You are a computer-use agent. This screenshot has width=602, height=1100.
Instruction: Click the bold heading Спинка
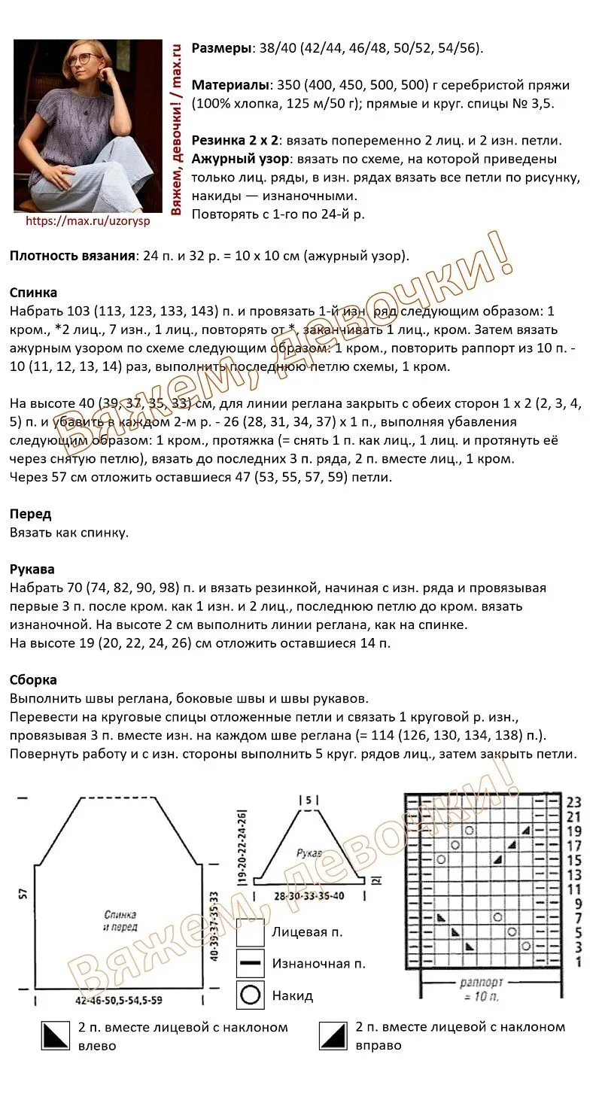click(x=33, y=293)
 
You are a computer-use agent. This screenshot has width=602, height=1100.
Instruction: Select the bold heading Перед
click(x=30, y=515)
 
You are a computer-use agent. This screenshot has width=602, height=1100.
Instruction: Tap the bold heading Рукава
click(x=32, y=570)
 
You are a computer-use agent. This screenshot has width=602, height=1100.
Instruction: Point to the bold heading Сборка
click(x=33, y=679)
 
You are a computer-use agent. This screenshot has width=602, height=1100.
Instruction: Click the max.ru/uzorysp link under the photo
click(x=88, y=221)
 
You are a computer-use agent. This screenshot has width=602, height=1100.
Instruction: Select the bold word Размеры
click(x=221, y=49)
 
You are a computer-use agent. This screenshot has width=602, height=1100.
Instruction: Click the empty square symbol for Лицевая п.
click(x=250, y=932)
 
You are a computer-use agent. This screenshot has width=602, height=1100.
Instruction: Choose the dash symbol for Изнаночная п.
click(x=250, y=964)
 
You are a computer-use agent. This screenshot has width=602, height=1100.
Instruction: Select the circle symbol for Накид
click(x=250, y=995)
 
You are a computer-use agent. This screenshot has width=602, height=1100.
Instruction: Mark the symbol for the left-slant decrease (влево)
click(x=54, y=1036)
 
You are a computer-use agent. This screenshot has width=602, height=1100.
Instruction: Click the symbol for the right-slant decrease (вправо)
click(x=332, y=1036)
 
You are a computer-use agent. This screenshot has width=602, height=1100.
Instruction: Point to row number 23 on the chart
click(x=574, y=802)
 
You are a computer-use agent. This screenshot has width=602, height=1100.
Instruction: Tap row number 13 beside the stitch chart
click(x=574, y=874)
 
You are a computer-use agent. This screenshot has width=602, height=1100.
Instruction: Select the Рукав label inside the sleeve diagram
click(x=309, y=854)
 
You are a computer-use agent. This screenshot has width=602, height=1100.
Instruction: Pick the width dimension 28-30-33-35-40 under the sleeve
click(x=309, y=896)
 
